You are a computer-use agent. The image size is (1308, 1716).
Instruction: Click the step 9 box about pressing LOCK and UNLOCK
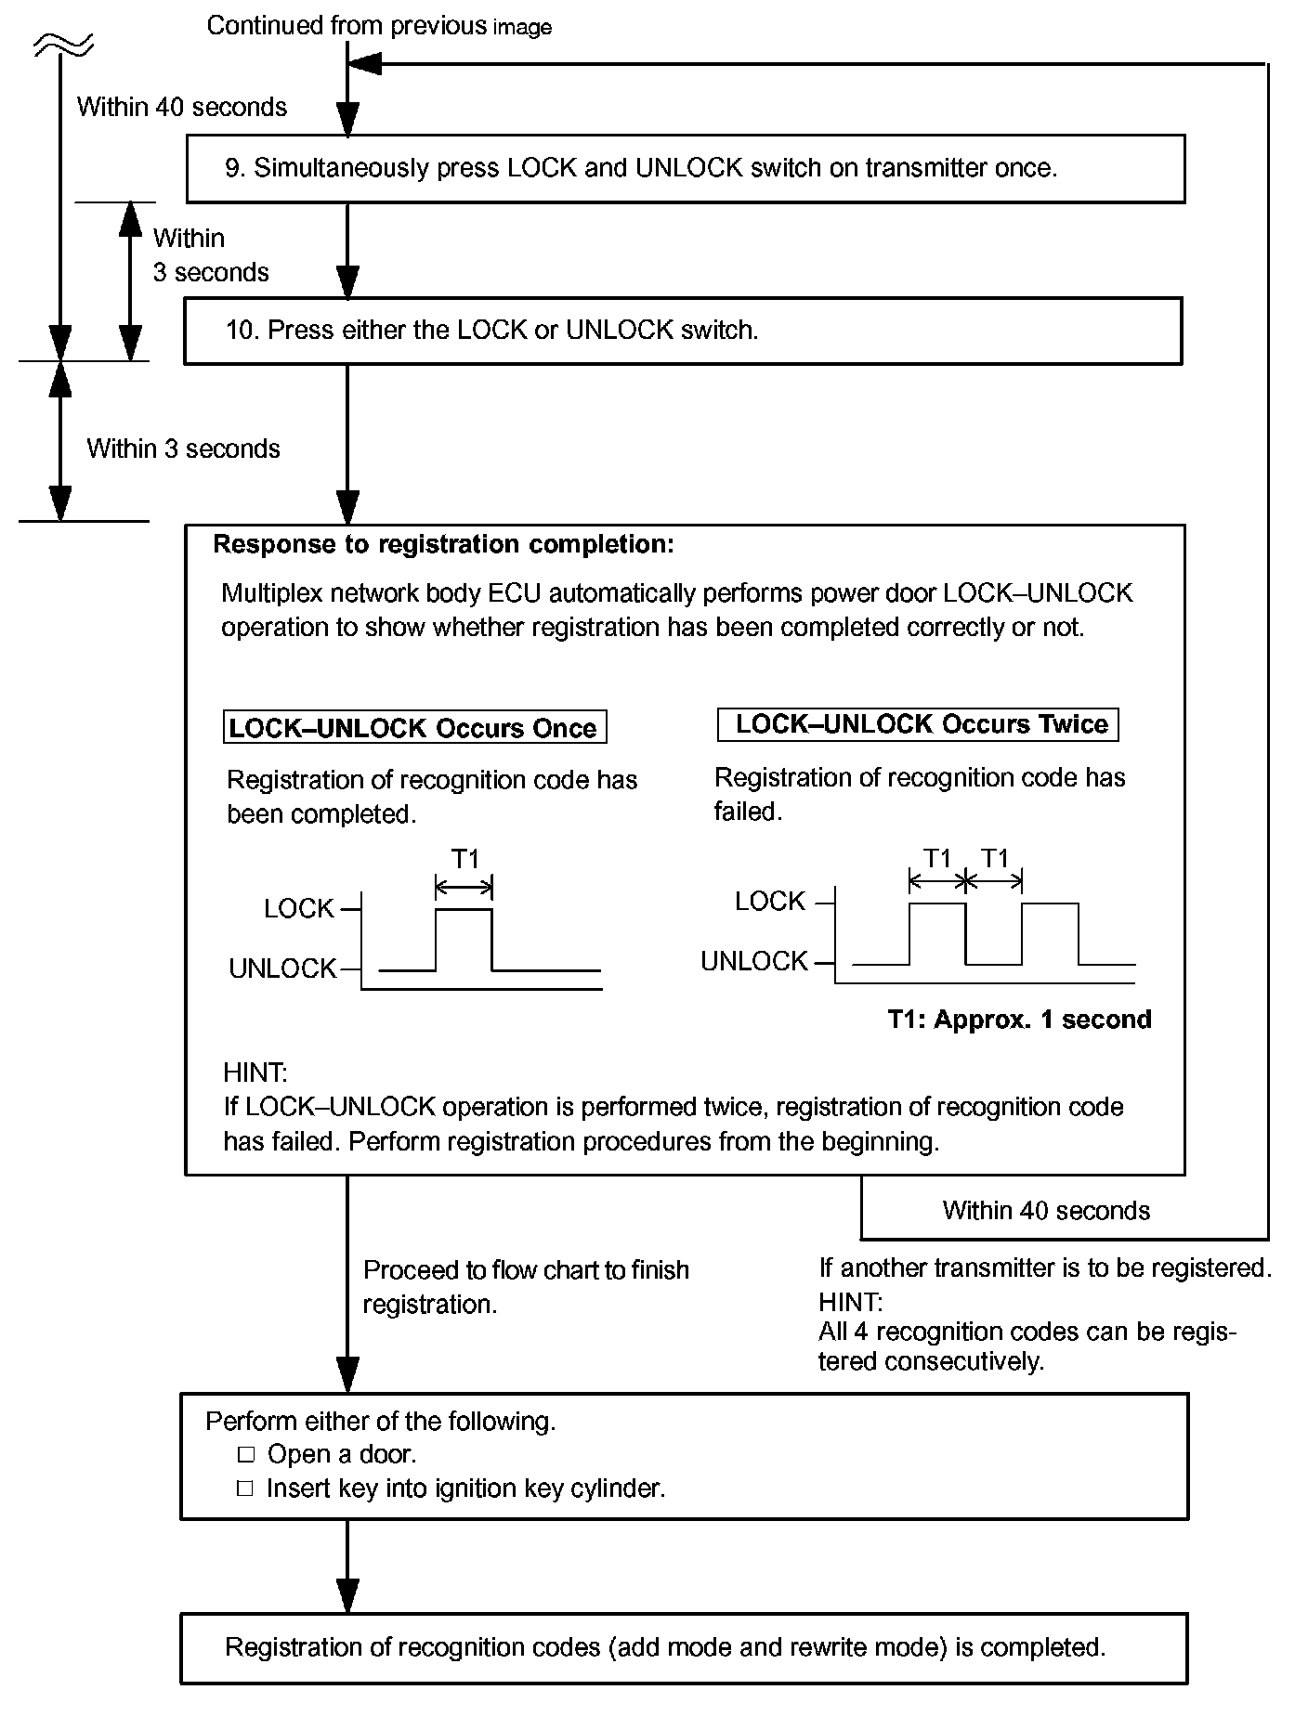pyautogui.click(x=686, y=168)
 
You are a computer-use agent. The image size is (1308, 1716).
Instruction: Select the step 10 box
pyautogui.click(x=683, y=331)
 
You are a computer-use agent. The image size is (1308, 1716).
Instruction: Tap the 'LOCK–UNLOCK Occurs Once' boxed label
pyautogui.click(x=414, y=727)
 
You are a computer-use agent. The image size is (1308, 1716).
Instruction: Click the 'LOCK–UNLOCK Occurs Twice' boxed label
pyautogui.click(x=918, y=724)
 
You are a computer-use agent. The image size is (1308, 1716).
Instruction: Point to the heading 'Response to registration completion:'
pyautogui.click(x=443, y=544)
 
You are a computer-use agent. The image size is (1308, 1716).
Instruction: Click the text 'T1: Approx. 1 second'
pyautogui.click(x=1019, y=1020)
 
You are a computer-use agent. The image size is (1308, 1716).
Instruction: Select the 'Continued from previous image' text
pyautogui.click(x=379, y=26)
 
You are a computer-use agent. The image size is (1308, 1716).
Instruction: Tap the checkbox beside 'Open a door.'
pyautogui.click(x=245, y=1454)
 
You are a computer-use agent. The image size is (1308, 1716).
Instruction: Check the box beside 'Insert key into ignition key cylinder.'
pyautogui.click(x=245, y=1488)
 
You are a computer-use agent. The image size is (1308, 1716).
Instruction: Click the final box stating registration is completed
pyautogui.click(x=683, y=1648)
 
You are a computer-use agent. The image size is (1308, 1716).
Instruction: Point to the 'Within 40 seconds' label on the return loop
pyautogui.click(x=1046, y=1211)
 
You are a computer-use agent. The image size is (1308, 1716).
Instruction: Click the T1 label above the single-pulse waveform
pyautogui.click(x=464, y=859)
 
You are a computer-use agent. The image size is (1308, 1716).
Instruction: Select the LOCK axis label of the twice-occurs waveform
pyautogui.click(x=769, y=901)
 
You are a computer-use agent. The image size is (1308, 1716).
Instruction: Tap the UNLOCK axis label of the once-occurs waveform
pyautogui.click(x=282, y=968)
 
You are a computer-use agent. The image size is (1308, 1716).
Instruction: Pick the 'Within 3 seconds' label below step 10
pyautogui.click(x=183, y=448)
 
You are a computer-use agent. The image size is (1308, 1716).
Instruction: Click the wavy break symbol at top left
pyautogui.click(x=61, y=42)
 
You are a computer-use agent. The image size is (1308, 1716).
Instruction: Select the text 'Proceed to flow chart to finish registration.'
pyautogui.click(x=525, y=1287)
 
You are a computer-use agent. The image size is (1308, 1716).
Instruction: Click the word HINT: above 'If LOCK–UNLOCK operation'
pyautogui.click(x=255, y=1073)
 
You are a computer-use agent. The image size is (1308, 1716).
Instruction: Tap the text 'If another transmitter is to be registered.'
pyautogui.click(x=1044, y=1267)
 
